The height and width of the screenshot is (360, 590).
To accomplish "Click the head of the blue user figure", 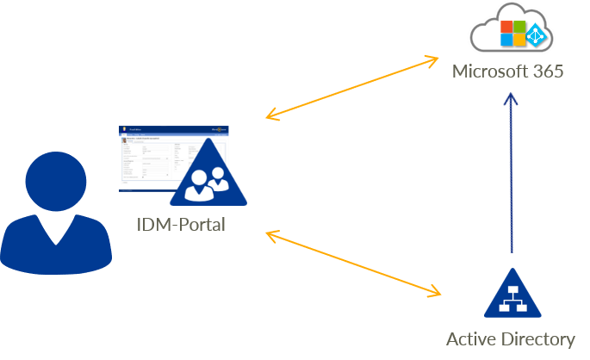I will point(54,178).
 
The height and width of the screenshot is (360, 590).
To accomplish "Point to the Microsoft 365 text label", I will point(508,71).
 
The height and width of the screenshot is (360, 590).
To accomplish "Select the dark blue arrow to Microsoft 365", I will point(512,172).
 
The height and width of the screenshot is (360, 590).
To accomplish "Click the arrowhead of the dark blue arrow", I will point(512,100).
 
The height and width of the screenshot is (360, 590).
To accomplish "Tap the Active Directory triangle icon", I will point(512,295).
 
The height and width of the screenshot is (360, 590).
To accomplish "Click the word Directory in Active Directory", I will point(540,338).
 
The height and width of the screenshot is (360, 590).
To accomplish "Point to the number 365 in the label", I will point(548,71).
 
